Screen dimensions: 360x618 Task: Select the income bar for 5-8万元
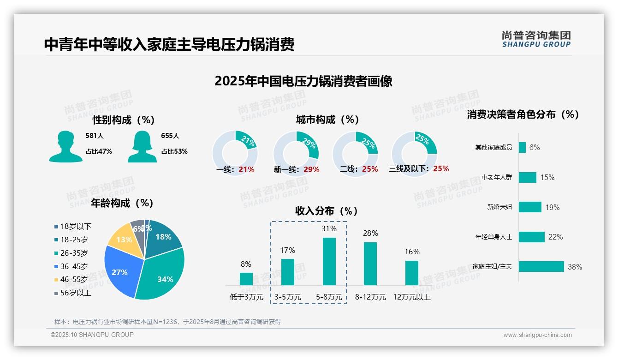click(x=329, y=261)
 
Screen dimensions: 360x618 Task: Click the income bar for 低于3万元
click(x=246, y=279)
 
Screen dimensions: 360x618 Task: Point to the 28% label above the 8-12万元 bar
click(x=370, y=234)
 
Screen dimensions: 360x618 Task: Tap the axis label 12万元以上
click(x=411, y=297)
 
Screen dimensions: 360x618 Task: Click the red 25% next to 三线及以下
click(x=441, y=168)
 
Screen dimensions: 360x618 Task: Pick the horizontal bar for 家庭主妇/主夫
click(x=541, y=267)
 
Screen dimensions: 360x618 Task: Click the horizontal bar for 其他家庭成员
click(x=522, y=147)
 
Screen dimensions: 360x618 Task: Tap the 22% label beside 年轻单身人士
click(x=555, y=237)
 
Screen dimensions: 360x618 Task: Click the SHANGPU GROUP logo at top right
click(x=536, y=39)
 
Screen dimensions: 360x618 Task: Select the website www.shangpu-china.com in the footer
click(x=537, y=335)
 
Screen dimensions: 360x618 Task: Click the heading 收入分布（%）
click(x=327, y=211)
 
